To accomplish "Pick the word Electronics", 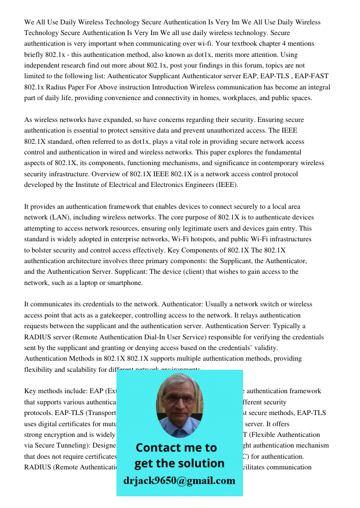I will (x=157, y=184).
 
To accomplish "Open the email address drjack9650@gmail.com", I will (x=179, y=481).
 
